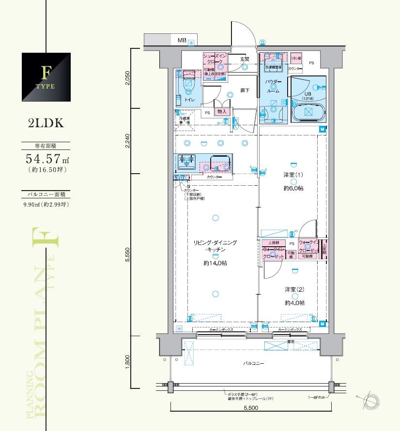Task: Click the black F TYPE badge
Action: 46,77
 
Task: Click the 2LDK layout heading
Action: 46,122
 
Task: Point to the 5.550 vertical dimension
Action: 127,254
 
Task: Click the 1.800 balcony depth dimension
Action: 127,361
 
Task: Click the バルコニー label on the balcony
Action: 253,363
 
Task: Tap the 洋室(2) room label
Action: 294,290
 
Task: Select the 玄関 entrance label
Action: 245,59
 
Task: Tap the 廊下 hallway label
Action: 245,90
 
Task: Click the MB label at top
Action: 182,40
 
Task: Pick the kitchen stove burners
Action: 185,161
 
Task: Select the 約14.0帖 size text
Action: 215,263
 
